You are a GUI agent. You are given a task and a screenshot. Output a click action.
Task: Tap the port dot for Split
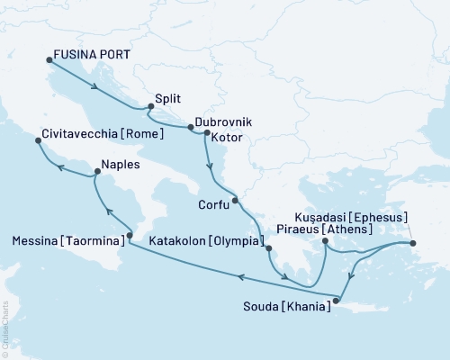[150, 107]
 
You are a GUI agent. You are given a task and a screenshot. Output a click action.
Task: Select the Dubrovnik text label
[222, 121]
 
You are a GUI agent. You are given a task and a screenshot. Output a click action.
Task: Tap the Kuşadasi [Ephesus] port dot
[413, 243]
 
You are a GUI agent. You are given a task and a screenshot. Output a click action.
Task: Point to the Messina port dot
[130, 236]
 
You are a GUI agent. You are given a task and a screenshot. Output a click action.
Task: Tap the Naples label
[121, 166]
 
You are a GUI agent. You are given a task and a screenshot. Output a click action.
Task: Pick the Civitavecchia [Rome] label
[103, 134]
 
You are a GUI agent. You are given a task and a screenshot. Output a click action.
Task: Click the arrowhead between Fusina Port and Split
[95, 87]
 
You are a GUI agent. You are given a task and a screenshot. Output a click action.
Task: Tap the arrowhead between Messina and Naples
[106, 211]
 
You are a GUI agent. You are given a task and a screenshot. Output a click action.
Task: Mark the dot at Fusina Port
[49, 61]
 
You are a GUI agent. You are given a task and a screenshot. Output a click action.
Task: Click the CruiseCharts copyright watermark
[5, 328]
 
